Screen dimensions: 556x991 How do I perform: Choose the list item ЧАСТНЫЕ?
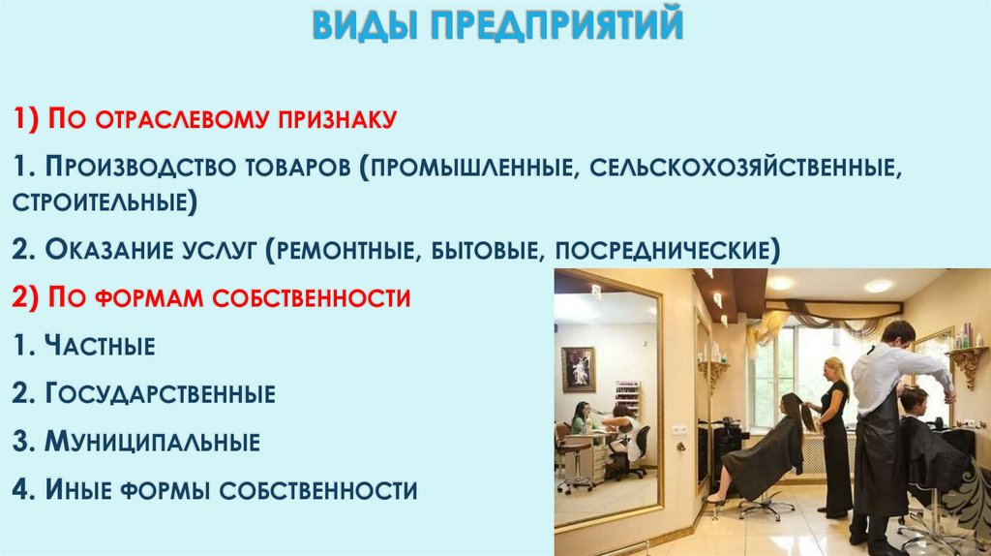point(97,345)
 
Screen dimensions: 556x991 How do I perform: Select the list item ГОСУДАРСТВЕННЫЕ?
point(159,393)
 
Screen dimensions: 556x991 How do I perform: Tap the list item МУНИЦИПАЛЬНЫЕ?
point(149,443)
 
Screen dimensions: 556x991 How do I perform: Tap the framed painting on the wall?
point(578,368)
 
